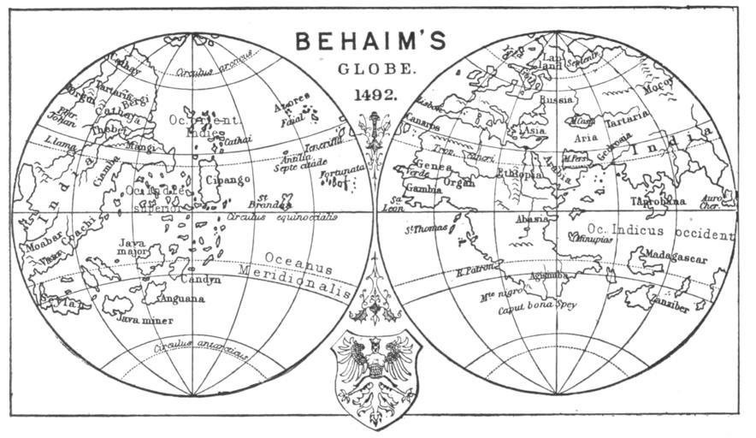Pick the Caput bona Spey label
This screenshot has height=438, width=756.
[536, 305]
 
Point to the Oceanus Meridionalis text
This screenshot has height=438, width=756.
[295, 269]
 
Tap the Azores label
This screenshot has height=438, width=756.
[291, 109]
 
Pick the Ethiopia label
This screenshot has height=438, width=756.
[520, 174]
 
